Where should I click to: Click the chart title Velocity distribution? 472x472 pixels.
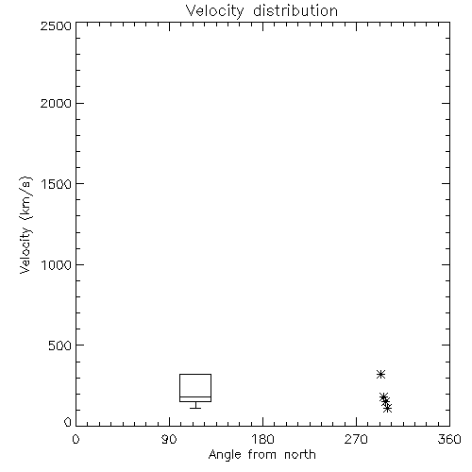261,10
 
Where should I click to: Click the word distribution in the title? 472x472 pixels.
295,10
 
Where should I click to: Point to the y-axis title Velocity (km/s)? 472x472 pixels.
25,225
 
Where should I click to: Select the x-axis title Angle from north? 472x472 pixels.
261,455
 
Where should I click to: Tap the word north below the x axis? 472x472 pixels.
300,455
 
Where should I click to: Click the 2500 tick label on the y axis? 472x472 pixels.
56,25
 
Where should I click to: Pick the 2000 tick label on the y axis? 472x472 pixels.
56,104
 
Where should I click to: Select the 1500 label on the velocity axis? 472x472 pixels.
57,184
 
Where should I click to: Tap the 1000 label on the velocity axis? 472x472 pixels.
57,265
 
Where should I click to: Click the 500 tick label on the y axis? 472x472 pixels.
60,346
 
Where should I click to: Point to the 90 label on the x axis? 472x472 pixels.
169,439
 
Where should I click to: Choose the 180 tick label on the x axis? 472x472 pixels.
262,439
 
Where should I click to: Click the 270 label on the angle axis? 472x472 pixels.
356,439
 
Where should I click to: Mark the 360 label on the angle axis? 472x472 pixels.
449,439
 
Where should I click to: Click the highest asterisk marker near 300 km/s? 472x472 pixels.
381,375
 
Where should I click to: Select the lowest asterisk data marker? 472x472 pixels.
388,409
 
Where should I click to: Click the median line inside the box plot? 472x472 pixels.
195,397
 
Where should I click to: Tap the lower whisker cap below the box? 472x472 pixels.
195,408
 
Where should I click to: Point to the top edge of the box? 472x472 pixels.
195,375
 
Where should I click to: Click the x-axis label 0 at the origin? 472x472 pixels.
76,439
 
